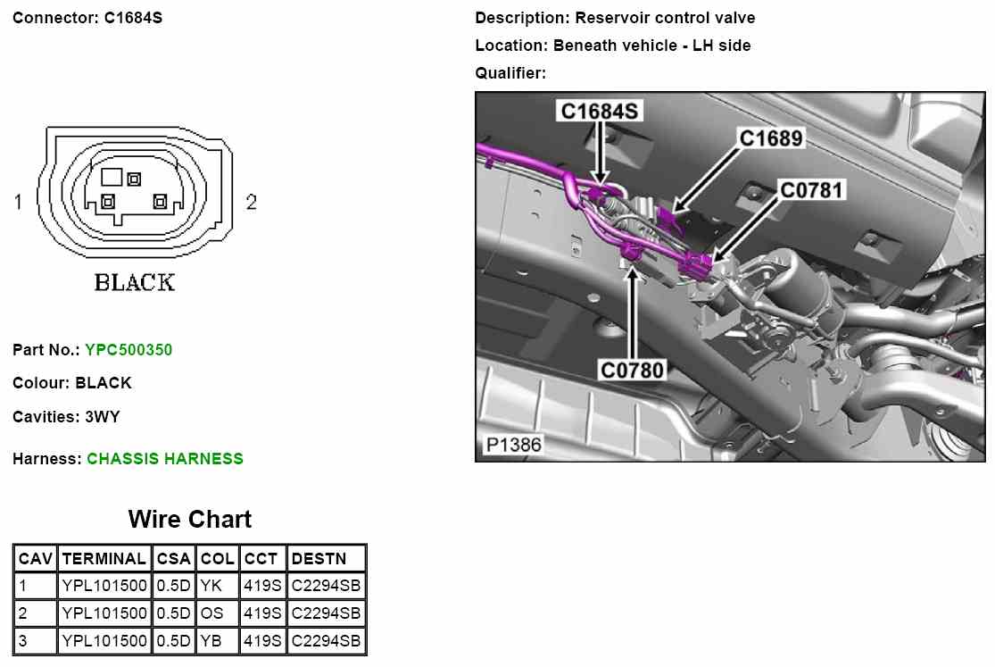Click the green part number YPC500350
[129, 350]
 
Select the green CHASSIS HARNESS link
[165, 459]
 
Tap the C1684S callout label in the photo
[599, 112]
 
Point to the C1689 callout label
[771, 138]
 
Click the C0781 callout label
[811, 190]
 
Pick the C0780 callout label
[633, 368]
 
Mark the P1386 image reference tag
[513, 444]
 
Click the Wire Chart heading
[190, 520]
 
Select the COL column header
[218, 559]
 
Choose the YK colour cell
[211, 587]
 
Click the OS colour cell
[211, 613]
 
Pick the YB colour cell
[211, 640]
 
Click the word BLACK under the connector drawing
[135, 283]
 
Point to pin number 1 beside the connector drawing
[18, 203]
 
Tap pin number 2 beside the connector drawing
[251, 203]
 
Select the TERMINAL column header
[104, 559]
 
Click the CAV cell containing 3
[24, 640]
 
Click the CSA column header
[173, 559]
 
